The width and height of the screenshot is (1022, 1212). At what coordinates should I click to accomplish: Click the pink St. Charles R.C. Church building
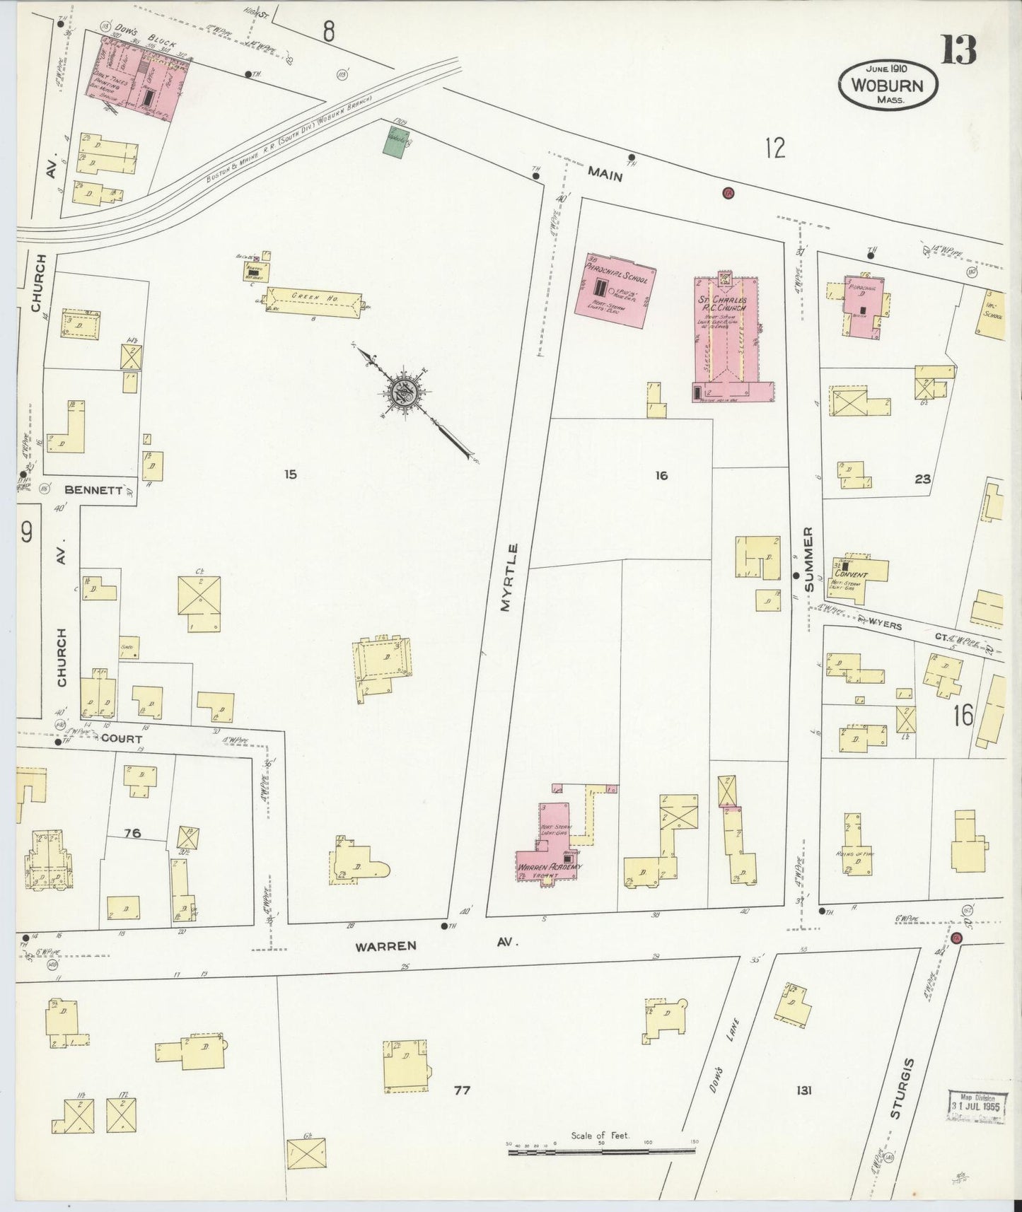[728, 339]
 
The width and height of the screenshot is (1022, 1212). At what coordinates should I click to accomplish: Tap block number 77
[461, 1090]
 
